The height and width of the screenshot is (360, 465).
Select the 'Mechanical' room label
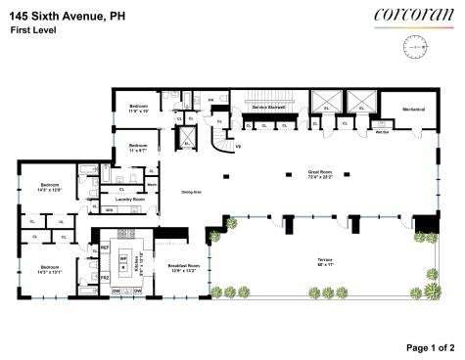411,109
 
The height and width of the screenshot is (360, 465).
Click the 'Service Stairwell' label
267,106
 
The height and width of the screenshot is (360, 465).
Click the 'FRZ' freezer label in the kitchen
105,278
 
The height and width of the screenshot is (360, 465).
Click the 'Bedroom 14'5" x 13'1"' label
49,268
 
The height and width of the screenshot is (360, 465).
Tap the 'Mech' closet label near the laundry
152,183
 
